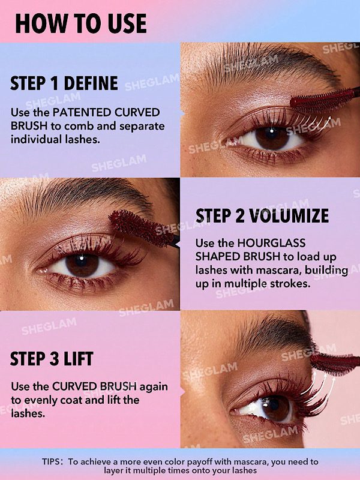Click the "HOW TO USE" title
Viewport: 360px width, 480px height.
(81, 23)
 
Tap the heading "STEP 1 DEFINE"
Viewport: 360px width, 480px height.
(64, 83)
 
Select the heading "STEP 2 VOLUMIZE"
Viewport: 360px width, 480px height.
(262, 216)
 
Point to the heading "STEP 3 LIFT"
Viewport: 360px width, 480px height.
(52, 358)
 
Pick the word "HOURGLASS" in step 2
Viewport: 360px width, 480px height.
(272, 243)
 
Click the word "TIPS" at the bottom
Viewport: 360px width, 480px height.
(52, 461)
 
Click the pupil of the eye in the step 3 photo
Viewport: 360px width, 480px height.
(272, 406)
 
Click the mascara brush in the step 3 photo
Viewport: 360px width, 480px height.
(335, 364)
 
